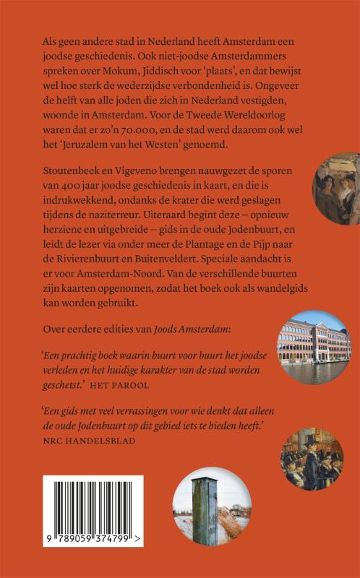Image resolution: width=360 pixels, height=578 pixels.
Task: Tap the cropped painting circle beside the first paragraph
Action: click(x=337, y=188)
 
